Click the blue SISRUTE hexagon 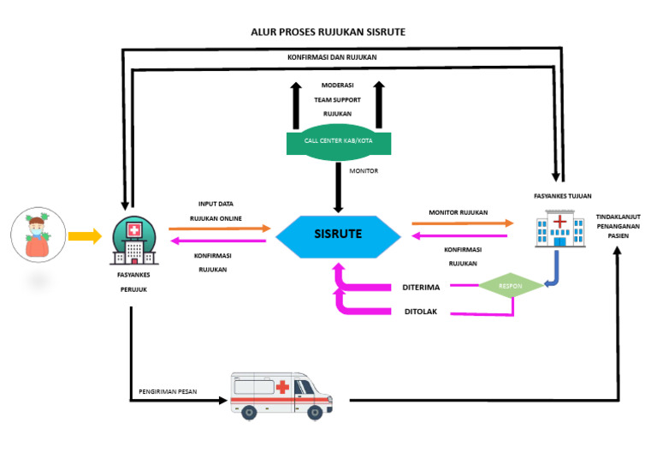(337, 234)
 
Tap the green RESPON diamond (511, 286)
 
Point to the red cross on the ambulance (281, 387)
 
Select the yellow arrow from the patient (84, 235)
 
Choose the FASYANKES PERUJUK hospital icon (133, 241)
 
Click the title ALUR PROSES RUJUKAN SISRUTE (328, 32)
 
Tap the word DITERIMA (421, 288)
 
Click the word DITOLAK (420, 312)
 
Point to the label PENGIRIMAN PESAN (168, 392)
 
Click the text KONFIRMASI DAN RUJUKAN (332, 57)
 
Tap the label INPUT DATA (216, 204)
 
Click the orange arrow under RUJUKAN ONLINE (219, 229)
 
